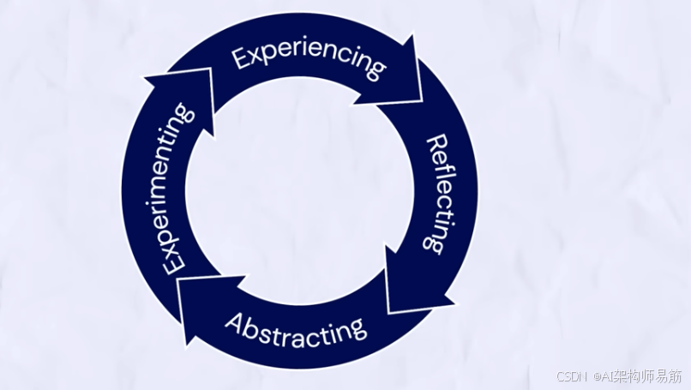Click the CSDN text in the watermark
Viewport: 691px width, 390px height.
point(570,377)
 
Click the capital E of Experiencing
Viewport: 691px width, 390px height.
point(241,59)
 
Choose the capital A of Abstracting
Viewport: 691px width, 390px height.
point(234,321)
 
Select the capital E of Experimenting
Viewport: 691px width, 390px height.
point(175,261)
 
